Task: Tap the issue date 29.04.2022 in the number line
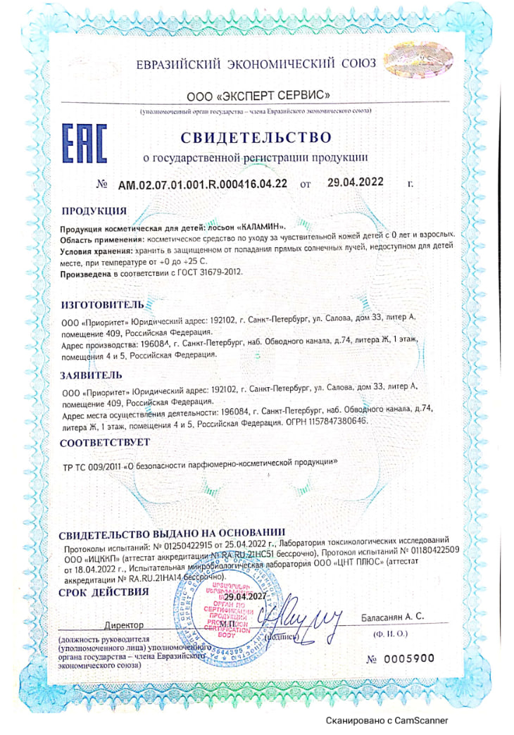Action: click(355, 182)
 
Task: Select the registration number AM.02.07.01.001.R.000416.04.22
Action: click(203, 185)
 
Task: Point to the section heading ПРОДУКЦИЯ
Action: click(94, 211)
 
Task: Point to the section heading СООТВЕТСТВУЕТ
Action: click(105, 444)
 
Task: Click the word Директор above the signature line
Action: click(123, 624)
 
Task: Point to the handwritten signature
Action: click(308, 618)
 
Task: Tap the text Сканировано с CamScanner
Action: click(386, 720)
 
